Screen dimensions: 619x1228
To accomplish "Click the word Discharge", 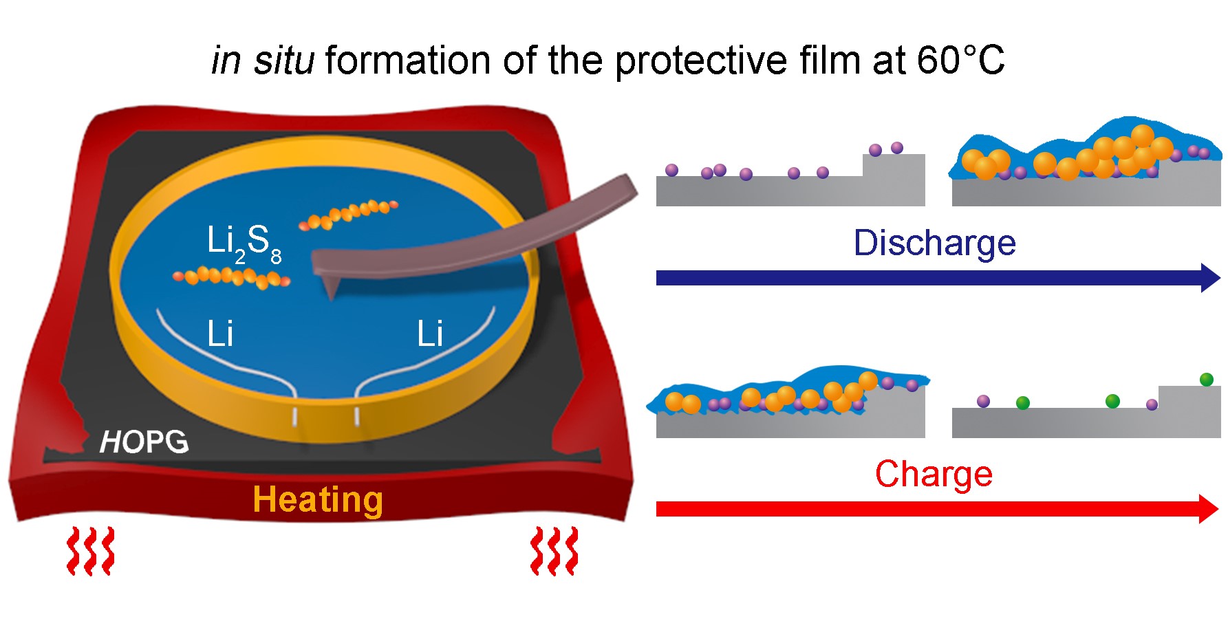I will coord(934,243).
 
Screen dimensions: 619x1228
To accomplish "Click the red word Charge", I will coord(934,474).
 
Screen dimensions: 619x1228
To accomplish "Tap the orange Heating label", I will coord(317,499).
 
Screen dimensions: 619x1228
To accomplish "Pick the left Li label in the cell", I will coord(220,334).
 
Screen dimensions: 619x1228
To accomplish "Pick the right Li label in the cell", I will coord(430,334).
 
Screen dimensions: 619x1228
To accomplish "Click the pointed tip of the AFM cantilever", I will coord(332,296).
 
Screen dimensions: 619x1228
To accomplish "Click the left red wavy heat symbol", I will coord(90,551).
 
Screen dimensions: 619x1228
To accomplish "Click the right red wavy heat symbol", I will coord(554,551).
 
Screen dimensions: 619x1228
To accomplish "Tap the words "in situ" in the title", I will coord(262,61).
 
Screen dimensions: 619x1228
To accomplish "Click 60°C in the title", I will coord(960,61).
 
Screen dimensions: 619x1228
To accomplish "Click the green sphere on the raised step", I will coord(1206,379).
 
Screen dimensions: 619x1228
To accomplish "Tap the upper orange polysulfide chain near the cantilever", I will coord(348,214).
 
